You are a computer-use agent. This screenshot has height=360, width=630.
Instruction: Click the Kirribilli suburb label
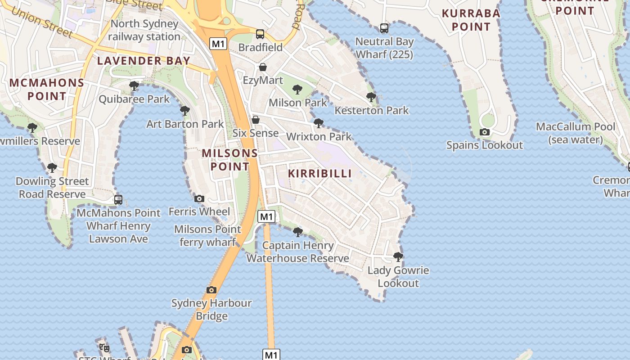pyautogui.click(x=319, y=173)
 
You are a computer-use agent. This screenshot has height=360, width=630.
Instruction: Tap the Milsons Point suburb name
pyautogui.click(x=229, y=160)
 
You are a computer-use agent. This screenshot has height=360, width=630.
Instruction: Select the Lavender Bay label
pyautogui.click(x=144, y=61)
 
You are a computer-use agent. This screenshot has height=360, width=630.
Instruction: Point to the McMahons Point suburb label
pyautogui.click(x=47, y=89)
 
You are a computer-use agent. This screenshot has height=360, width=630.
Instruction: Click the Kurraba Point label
pyautogui.click(x=471, y=20)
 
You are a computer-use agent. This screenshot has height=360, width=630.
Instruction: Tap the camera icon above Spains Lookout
pyautogui.click(x=484, y=132)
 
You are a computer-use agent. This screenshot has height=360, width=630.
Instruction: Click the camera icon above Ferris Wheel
pyautogui.click(x=199, y=198)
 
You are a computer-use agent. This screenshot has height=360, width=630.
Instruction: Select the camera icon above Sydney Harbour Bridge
pyautogui.click(x=211, y=290)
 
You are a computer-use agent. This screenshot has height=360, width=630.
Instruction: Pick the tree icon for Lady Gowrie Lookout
pyautogui.click(x=398, y=257)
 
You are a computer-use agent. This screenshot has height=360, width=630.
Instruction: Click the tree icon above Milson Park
pyautogui.click(x=297, y=90)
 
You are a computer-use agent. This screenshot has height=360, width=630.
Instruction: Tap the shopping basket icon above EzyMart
pyautogui.click(x=263, y=67)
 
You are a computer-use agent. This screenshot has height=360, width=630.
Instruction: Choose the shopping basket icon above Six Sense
pyautogui.click(x=256, y=120)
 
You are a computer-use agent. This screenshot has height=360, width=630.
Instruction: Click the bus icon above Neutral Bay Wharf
pyautogui.click(x=384, y=28)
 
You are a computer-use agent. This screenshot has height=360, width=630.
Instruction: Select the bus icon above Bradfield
pyautogui.click(x=260, y=34)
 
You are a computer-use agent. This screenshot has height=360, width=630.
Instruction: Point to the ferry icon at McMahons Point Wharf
pyautogui.click(x=118, y=199)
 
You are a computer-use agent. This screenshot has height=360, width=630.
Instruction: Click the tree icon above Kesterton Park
pyautogui.click(x=371, y=97)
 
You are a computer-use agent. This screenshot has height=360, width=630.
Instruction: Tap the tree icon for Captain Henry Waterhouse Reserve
pyautogui.click(x=297, y=232)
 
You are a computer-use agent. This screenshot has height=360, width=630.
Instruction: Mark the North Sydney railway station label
pyautogui.click(x=144, y=30)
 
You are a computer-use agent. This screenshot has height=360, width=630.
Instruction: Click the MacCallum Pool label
pyautogui.click(x=575, y=133)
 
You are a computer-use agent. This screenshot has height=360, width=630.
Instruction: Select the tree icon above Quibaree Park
pyautogui.click(x=134, y=86)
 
